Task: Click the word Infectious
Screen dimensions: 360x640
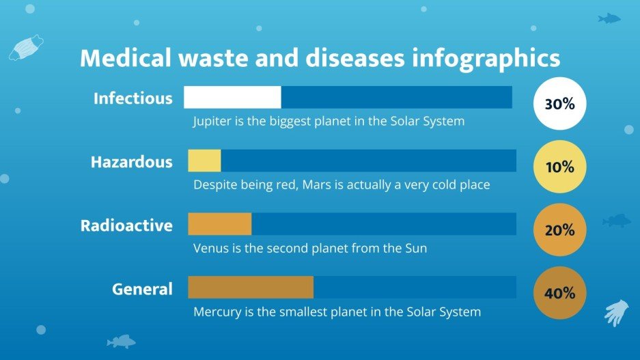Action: click(x=133, y=98)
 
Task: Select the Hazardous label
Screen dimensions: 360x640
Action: click(x=131, y=163)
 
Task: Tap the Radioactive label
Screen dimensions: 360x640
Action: click(x=126, y=225)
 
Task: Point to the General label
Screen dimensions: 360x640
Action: click(x=142, y=289)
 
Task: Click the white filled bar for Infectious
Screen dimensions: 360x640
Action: click(x=232, y=97)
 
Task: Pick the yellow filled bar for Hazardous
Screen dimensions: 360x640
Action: click(x=204, y=161)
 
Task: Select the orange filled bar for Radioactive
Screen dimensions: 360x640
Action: click(x=219, y=224)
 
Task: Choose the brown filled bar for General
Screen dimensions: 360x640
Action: click(x=250, y=288)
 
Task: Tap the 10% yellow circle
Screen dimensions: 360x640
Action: click(x=559, y=167)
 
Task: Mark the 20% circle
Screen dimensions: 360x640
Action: click(x=559, y=231)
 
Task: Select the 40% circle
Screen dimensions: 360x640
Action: click(x=559, y=294)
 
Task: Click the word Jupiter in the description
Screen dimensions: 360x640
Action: click(x=213, y=122)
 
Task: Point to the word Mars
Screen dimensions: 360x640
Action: click(x=316, y=184)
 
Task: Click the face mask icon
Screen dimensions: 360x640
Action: click(x=26, y=48)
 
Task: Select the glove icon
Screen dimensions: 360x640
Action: click(x=616, y=312)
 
